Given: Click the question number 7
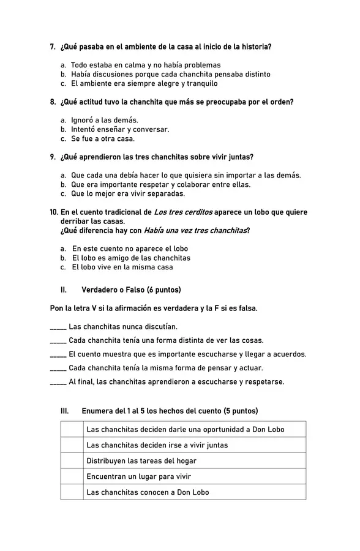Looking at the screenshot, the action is click(53, 47).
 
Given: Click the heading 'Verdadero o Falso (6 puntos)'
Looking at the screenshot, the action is click(131, 290).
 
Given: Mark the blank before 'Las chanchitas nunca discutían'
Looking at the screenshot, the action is click(58, 328).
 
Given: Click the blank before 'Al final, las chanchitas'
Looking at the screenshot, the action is click(58, 382).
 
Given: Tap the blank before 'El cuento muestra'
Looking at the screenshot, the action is click(58, 354).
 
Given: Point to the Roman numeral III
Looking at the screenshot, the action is click(64, 411).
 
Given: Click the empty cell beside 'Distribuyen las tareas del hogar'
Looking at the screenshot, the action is click(72, 460).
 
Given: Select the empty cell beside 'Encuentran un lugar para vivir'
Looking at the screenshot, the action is click(72, 476).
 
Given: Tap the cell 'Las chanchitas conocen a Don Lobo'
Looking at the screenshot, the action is click(148, 492).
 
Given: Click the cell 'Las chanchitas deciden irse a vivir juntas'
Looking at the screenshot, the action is click(157, 445).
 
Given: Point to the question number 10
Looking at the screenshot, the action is click(54, 212).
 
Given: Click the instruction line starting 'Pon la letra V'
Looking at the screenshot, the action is click(154, 308).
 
